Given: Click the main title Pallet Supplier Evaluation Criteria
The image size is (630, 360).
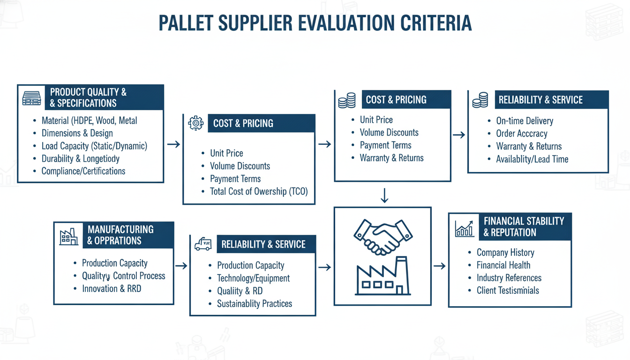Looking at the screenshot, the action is click(x=315, y=23).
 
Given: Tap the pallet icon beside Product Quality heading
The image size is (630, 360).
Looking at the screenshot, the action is click(x=31, y=98).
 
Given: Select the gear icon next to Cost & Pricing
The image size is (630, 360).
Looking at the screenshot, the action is click(x=196, y=123).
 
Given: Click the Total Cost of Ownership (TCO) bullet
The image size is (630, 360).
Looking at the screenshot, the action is click(x=259, y=191).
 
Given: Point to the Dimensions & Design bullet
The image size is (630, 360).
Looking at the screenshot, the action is click(x=77, y=133).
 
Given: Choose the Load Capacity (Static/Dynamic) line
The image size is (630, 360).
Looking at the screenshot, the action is click(x=94, y=146).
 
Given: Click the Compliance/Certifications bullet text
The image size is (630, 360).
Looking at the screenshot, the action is click(x=83, y=171).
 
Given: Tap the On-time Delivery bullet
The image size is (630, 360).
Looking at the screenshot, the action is click(x=525, y=121).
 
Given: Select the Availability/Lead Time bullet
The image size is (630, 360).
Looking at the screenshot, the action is click(x=532, y=159).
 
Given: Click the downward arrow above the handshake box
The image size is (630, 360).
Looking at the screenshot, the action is click(x=384, y=195).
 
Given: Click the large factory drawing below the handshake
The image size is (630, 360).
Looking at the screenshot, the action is click(x=383, y=276).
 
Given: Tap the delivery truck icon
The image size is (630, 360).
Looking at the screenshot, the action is click(x=203, y=244).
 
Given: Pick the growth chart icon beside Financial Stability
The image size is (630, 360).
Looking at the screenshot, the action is click(x=465, y=229).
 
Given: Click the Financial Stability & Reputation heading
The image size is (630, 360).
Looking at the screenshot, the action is click(x=524, y=227).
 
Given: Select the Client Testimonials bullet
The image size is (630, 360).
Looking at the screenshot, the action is click(x=508, y=290).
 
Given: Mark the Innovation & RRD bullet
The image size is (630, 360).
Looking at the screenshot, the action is click(x=112, y=289).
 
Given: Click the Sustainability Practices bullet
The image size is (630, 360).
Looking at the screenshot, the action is click(x=255, y=304).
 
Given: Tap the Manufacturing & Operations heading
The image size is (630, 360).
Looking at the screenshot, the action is click(x=120, y=235).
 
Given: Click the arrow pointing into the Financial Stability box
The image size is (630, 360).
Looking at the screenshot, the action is click(x=440, y=266).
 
